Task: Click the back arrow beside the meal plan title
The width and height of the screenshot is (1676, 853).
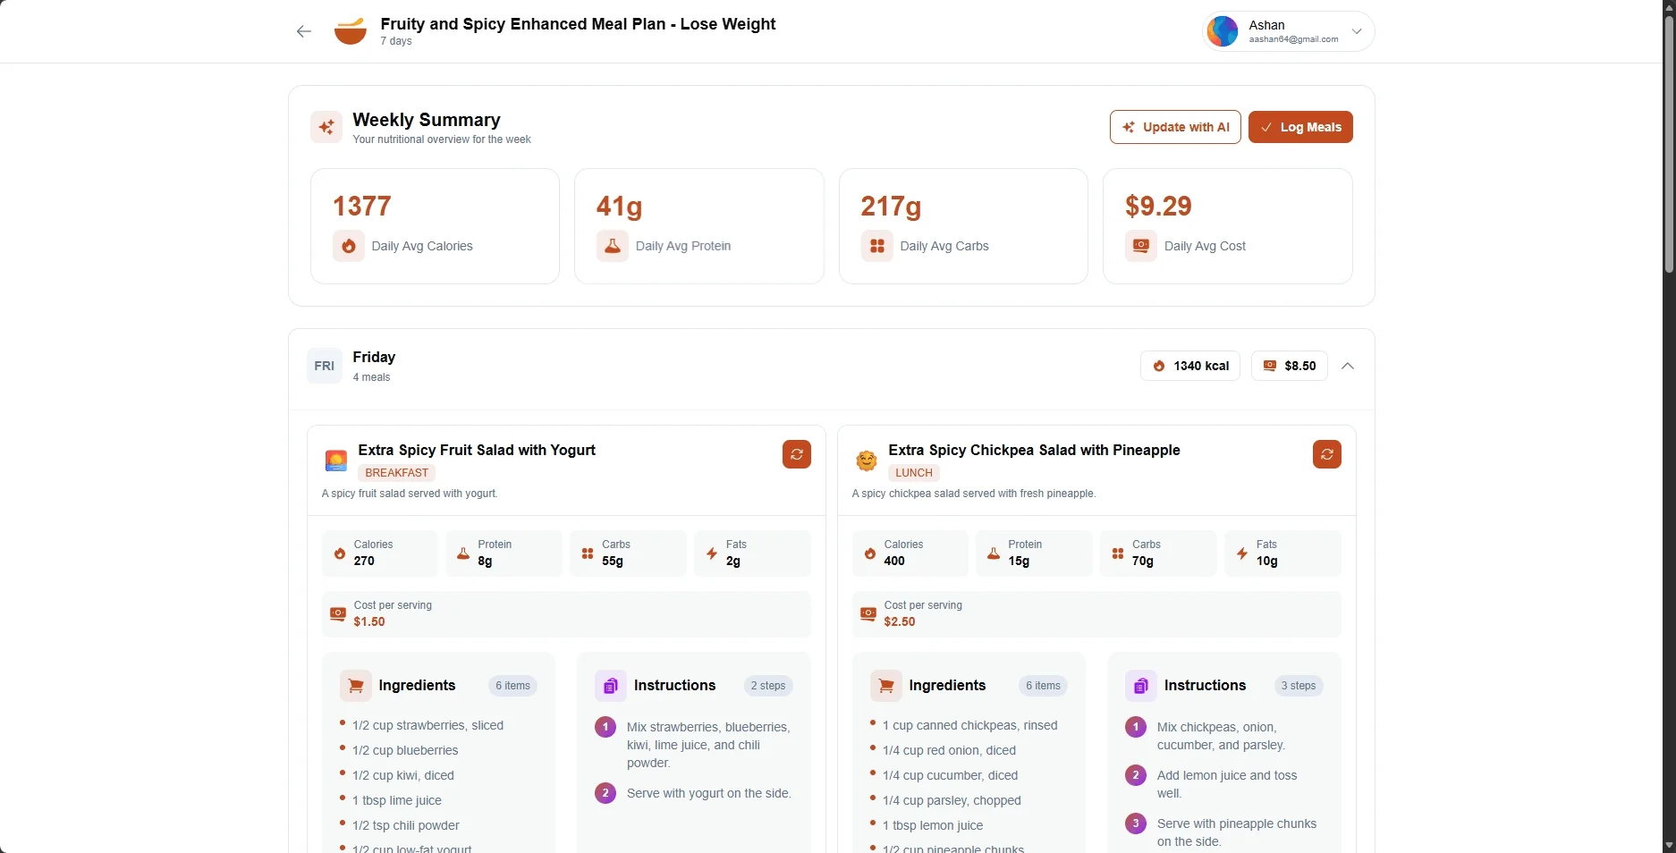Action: tap(304, 32)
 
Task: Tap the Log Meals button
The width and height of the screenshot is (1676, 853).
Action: tap(1300, 127)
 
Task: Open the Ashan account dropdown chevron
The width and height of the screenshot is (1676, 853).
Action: tap(1357, 31)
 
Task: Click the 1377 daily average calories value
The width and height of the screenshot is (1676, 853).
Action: tap(362, 207)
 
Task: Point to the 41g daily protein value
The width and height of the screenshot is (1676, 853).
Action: tap(620, 207)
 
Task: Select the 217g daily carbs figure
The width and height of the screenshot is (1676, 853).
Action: tap(891, 207)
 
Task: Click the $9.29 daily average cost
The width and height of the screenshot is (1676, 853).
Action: tap(1158, 207)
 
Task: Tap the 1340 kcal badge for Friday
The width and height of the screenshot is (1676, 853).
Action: tap(1190, 366)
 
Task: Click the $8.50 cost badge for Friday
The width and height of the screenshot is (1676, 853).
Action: tap(1289, 366)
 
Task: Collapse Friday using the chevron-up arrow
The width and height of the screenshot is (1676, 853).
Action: tap(1348, 366)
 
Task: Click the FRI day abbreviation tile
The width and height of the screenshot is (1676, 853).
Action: tap(325, 366)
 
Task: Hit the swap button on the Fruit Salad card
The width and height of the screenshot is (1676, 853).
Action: tap(797, 454)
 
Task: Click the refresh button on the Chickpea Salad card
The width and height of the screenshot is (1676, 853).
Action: tap(1327, 454)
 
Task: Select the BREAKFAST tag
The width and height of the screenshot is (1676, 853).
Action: tap(397, 473)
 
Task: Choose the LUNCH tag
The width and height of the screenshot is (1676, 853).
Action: tap(914, 473)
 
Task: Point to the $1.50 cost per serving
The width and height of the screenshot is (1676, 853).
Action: tap(369, 622)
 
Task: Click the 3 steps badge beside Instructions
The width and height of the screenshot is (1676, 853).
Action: tap(1299, 686)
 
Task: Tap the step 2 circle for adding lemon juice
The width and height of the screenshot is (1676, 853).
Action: tap(1136, 775)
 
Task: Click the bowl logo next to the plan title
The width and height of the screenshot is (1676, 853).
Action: tap(351, 31)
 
